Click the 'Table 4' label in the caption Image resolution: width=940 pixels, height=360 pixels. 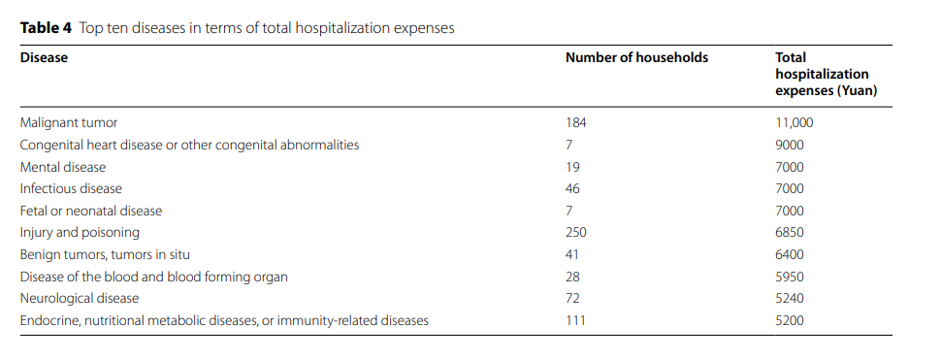pyautogui.click(x=46, y=28)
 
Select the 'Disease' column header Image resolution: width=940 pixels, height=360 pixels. pyautogui.click(x=44, y=58)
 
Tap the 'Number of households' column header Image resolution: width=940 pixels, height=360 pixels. pyautogui.click(x=636, y=58)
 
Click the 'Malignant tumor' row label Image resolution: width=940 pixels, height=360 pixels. pyautogui.click(x=69, y=123)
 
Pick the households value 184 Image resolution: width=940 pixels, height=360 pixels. pyautogui.click(x=576, y=123)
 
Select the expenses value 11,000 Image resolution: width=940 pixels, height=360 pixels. pyautogui.click(x=794, y=123)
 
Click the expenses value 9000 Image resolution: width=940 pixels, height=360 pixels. pyautogui.click(x=790, y=146)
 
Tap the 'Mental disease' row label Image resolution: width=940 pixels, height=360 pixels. pyautogui.click(x=63, y=167)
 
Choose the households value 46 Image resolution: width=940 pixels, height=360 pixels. pyautogui.click(x=572, y=189)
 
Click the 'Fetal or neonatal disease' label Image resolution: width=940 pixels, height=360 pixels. pyautogui.click(x=91, y=212)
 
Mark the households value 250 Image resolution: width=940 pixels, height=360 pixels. pyautogui.click(x=576, y=233)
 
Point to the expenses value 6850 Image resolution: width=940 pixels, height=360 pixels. pyautogui.click(x=790, y=233)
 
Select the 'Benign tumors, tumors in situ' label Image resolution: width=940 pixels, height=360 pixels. pyautogui.click(x=105, y=255)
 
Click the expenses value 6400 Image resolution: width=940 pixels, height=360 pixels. pyautogui.click(x=790, y=255)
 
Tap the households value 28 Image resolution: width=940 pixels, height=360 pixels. pyautogui.click(x=572, y=278)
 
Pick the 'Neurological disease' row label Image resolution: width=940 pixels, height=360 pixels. pyautogui.click(x=80, y=299)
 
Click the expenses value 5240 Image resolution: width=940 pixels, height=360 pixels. pyautogui.click(x=790, y=299)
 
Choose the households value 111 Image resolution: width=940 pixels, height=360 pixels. pyautogui.click(x=575, y=321)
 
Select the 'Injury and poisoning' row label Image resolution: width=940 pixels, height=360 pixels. pyautogui.click(x=80, y=233)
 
